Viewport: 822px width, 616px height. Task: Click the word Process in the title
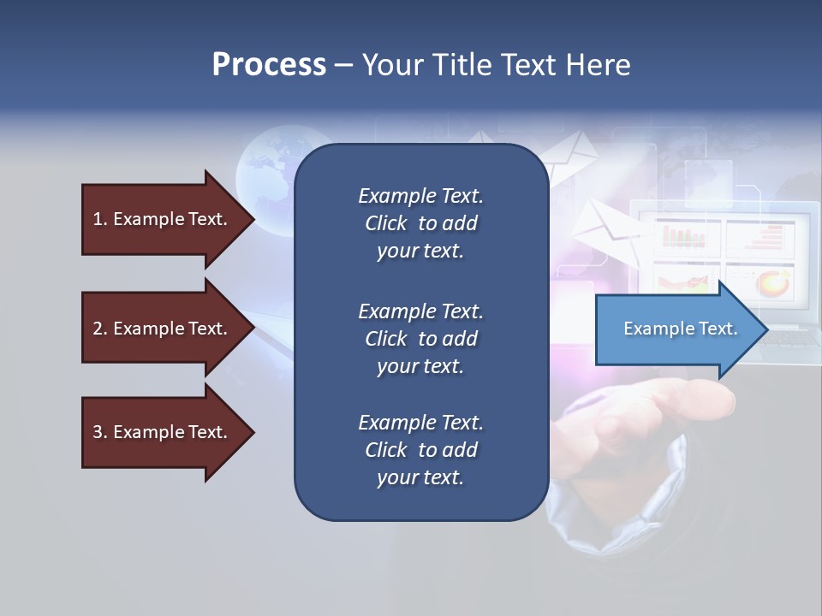pyautogui.click(x=269, y=65)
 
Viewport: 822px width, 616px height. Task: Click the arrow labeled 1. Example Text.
pyautogui.click(x=163, y=219)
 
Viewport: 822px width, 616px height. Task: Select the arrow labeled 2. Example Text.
pyautogui.click(x=163, y=329)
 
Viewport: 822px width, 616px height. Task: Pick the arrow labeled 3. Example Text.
pyautogui.click(x=163, y=432)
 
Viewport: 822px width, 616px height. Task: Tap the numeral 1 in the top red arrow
pyautogui.click(x=98, y=219)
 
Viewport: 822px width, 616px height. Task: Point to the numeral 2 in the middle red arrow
pyautogui.click(x=98, y=329)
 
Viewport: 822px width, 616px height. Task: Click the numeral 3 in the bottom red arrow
pyautogui.click(x=98, y=432)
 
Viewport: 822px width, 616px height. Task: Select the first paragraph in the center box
pyautogui.click(x=420, y=223)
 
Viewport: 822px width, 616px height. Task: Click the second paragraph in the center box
pyautogui.click(x=420, y=338)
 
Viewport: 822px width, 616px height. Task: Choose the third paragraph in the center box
pyautogui.click(x=420, y=450)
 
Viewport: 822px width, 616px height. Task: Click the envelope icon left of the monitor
pyautogui.click(x=603, y=228)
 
